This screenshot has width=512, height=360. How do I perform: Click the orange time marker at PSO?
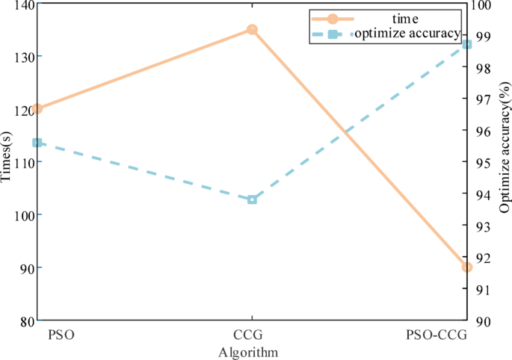37,109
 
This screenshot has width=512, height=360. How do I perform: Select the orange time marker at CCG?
253,30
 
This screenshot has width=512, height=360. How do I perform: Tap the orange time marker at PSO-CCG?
467,267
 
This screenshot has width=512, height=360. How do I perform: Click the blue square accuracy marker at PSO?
37,143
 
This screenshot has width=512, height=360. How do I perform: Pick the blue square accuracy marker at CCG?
253,199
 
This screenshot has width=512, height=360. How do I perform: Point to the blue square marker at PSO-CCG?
467,45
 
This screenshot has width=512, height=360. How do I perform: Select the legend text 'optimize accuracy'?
407,33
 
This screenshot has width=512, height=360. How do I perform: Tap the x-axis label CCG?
251,335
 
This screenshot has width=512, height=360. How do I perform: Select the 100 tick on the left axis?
21,215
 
